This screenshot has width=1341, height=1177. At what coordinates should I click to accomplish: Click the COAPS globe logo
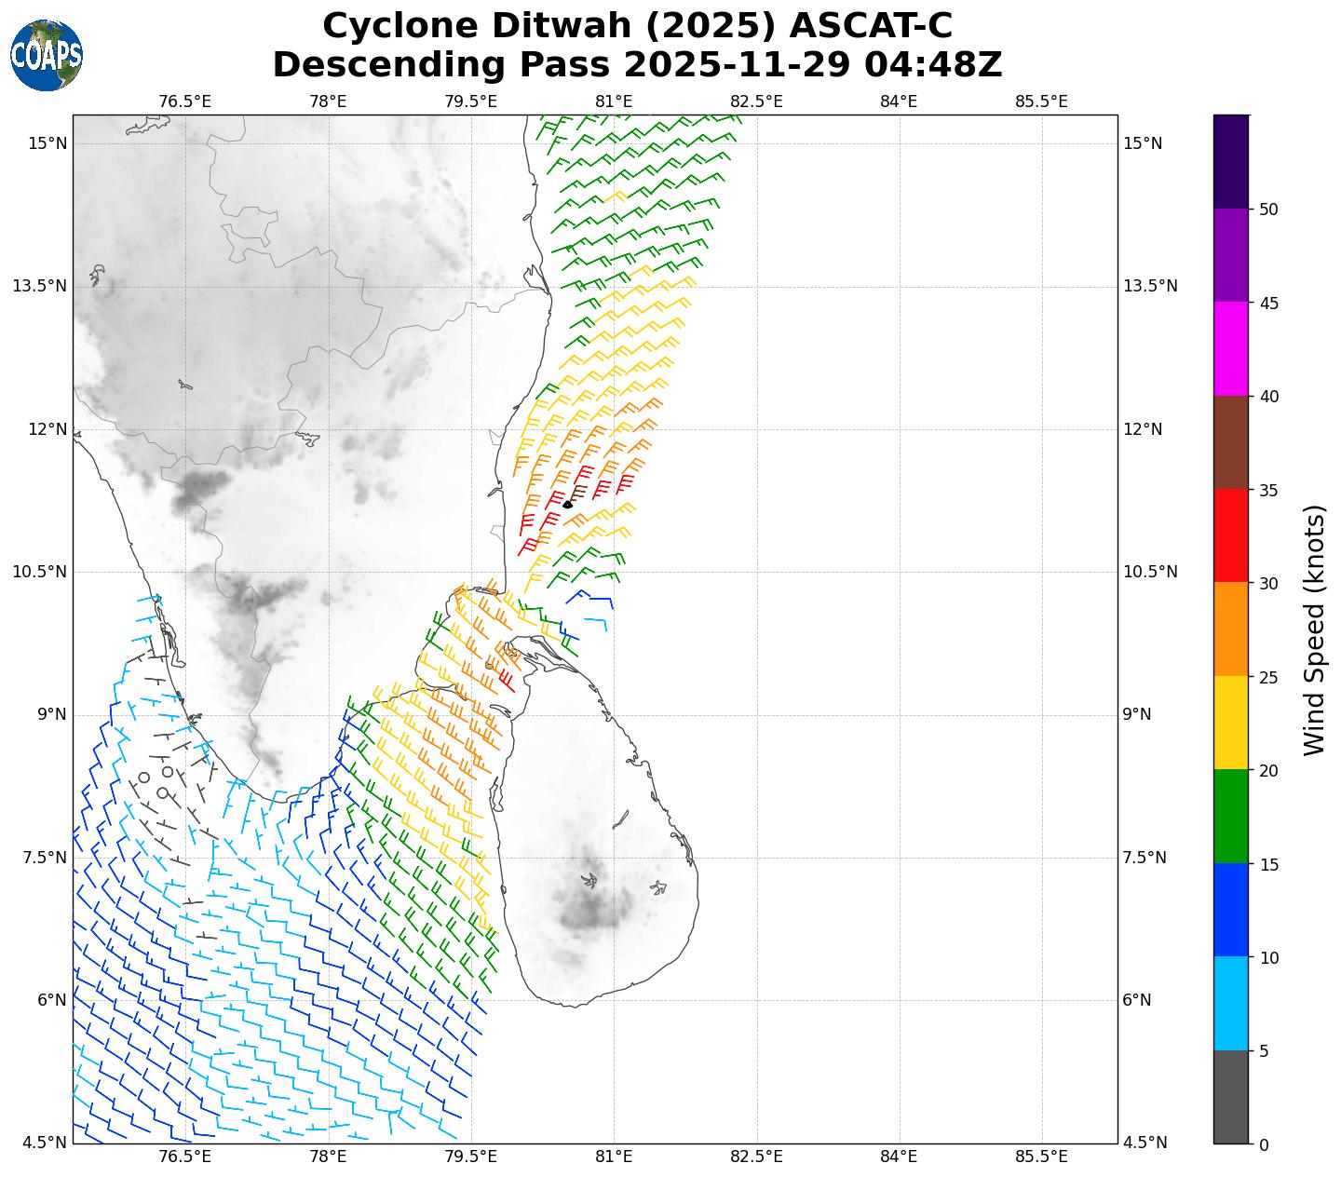(x=47, y=55)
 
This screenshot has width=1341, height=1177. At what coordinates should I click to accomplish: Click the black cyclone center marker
(x=567, y=504)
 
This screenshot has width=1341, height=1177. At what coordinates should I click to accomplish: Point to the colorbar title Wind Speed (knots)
(x=1314, y=629)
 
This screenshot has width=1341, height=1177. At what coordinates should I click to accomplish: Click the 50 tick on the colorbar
(x=1267, y=210)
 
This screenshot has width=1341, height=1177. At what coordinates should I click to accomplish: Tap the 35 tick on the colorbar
(x=1267, y=490)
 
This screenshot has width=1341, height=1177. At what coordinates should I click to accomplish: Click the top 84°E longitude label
(x=899, y=101)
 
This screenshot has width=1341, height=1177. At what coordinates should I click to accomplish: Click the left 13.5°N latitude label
(x=39, y=286)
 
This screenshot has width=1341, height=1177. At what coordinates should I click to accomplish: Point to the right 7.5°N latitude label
(x=1145, y=858)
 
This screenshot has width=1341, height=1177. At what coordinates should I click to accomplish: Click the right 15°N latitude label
(x=1143, y=143)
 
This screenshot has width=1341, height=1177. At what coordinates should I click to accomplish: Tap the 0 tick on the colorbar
(x=1264, y=1144)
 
